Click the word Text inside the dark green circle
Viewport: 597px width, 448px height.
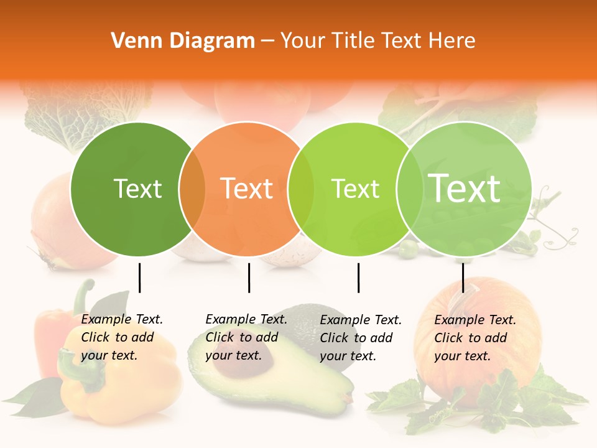[x=138, y=189]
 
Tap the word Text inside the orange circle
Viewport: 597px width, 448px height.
[x=247, y=189]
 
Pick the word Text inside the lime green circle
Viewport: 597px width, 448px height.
[x=356, y=189]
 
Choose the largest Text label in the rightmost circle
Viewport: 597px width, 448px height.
[x=465, y=189]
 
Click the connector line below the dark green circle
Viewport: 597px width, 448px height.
[x=139, y=278]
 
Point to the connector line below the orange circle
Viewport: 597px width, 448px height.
[x=249, y=278]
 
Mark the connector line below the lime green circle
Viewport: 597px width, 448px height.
[x=358, y=278]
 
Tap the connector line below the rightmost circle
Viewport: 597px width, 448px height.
[x=463, y=278]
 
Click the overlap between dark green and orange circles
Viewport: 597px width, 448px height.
[x=192, y=189]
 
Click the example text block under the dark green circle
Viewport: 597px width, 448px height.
[x=122, y=337]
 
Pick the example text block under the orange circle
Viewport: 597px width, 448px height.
[x=246, y=337]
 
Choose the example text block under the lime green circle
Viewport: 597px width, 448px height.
[x=361, y=338]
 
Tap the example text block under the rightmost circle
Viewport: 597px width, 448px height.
[x=475, y=338]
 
